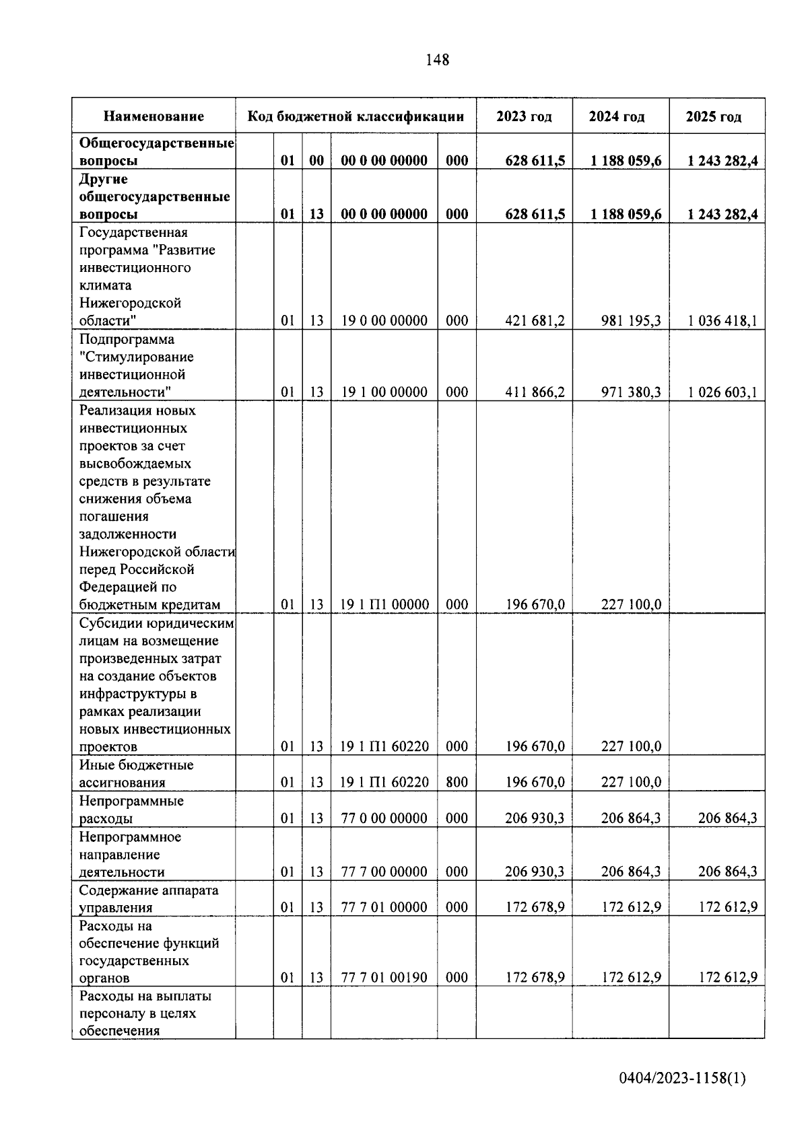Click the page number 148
click(x=438, y=60)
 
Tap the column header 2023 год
click(x=524, y=116)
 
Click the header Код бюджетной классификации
click(x=356, y=116)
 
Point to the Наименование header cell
click(x=154, y=116)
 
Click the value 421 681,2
click(x=535, y=321)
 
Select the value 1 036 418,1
click(x=722, y=321)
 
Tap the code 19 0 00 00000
click(x=384, y=321)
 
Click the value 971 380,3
click(x=631, y=392)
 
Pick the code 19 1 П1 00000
click(x=384, y=605)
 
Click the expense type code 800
click(x=457, y=782)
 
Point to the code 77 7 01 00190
click(x=384, y=978)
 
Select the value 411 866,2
click(x=535, y=392)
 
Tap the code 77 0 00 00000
click(x=384, y=818)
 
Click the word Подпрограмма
click(x=127, y=339)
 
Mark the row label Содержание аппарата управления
click(x=148, y=899)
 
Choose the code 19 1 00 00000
click(x=384, y=392)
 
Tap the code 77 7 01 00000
click(x=384, y=907)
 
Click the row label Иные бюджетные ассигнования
click(x=136, y=774)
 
